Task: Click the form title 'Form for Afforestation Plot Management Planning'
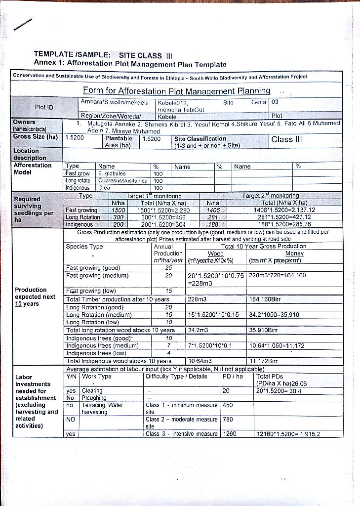[176, 91]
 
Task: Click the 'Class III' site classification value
[286, 139]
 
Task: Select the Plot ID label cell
[44, 107]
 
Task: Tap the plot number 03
[276, 102]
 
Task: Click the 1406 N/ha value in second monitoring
[212, 210]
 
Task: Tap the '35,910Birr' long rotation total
[267, 330]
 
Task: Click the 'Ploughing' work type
[94, 397]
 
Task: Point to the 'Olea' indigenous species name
[104, 188]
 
